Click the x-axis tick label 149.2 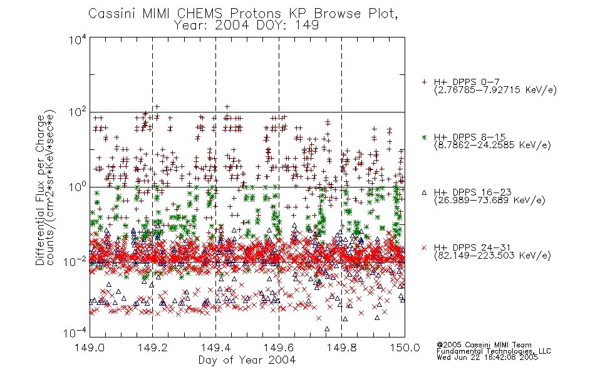pos(153,347)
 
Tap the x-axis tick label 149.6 pos(279,347)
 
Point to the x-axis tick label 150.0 pos(405,347)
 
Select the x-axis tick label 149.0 pos(90,347)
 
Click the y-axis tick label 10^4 pos(78,39)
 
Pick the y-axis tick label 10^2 pos(78,112)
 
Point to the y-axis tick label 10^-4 pos(76,333)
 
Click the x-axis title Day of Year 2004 pos(247,360)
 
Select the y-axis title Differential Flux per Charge pos(40,190)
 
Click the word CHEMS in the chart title pos(199,14)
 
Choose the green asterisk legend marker pos(424,137)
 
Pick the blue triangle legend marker pos(424,192)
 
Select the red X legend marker pos(424,247)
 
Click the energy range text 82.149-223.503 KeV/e pos(492,256)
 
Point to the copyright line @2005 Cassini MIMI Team pos(484,345)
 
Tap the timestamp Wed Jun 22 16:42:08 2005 pos(487,357)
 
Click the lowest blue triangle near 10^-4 pos(327,329)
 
